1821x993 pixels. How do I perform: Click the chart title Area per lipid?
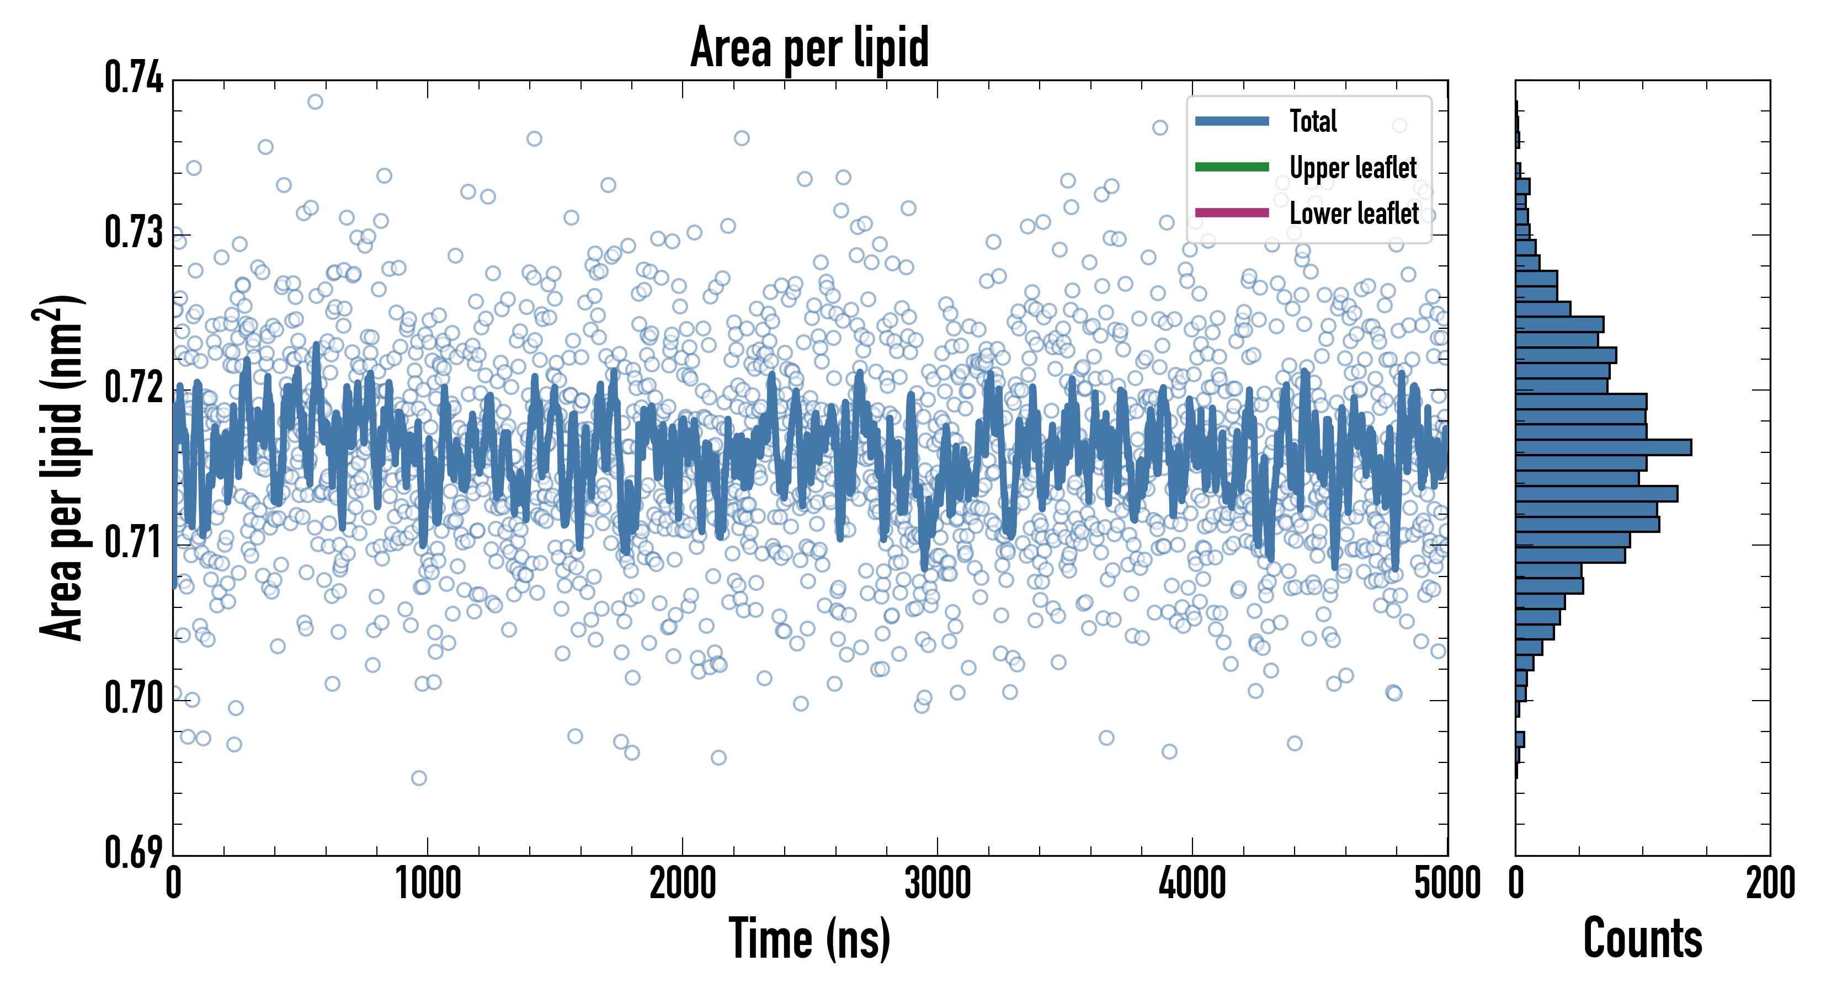click(810, 47)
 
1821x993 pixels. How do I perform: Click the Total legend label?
click(1313, 121)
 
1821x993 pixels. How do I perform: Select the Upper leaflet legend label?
click(1353, 168)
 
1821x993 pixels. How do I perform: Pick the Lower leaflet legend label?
click(1354, 213)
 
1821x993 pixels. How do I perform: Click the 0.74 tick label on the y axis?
click(134, 78)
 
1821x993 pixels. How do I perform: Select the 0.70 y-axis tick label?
click(134, 698)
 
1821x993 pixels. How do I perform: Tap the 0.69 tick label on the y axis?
click(134, 852)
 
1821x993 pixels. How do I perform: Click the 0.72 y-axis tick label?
click(134, 388)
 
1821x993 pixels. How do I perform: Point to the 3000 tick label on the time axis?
click(938, 883)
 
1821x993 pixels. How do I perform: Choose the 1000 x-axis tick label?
click(428, 883)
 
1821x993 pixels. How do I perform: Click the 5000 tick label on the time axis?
click(1447, 883)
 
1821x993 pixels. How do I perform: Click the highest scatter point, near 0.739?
click(315, 102)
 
